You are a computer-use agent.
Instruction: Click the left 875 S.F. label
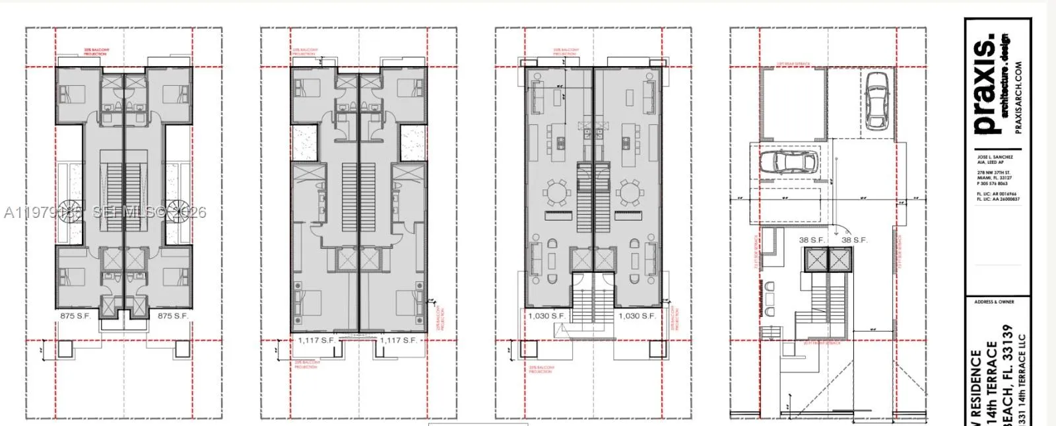click(x=75, y=316)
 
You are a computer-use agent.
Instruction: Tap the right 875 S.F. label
click(x=173, y=316)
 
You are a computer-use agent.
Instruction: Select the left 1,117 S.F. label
click(x=316, y=340)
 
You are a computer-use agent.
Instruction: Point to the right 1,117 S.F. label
click(x=399, y=340)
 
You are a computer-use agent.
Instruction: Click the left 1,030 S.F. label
click(x=546, y=316)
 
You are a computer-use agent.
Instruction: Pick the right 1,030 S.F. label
click(x=637, y=316)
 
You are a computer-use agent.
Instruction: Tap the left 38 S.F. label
click(x=812, y=240)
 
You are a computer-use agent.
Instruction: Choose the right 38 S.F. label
click(x=854, y=240)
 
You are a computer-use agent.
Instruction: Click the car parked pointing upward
click(x=876, y=100)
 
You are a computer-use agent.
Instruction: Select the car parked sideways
click(x=789, y=162)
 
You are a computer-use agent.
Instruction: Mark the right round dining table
click(x=628, y=194)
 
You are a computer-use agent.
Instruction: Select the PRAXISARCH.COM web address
click(x=1018, y=98)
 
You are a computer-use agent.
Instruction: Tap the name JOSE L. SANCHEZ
click(x=995, y=157)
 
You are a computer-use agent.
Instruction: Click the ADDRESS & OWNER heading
click(x=994, y=302)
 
